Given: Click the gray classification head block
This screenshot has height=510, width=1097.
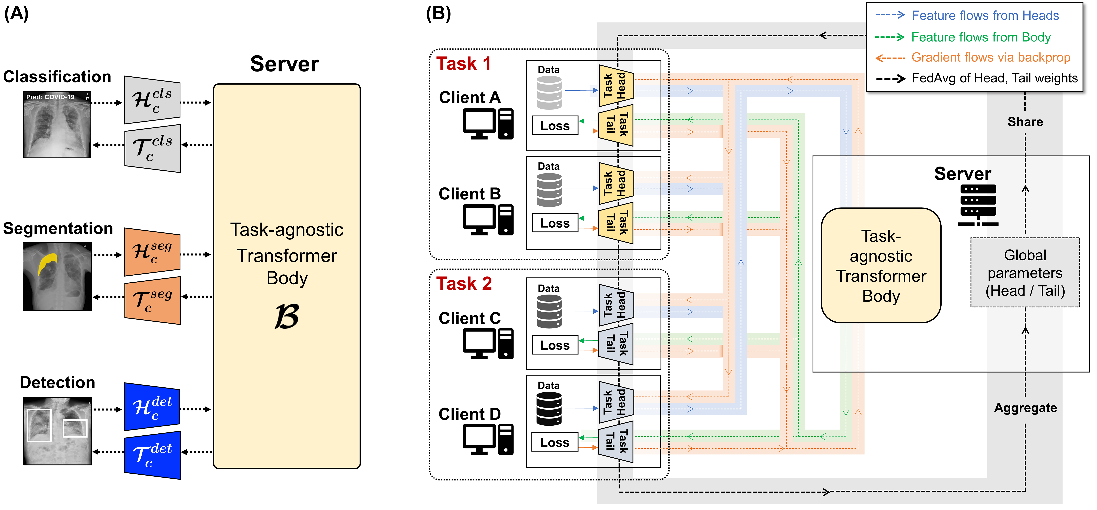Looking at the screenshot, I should click(x=152, y=100).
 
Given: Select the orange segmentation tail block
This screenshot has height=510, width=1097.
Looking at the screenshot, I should click(x=152, y=300).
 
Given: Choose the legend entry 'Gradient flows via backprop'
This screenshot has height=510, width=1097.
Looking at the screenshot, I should click(x=991, y=57).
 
